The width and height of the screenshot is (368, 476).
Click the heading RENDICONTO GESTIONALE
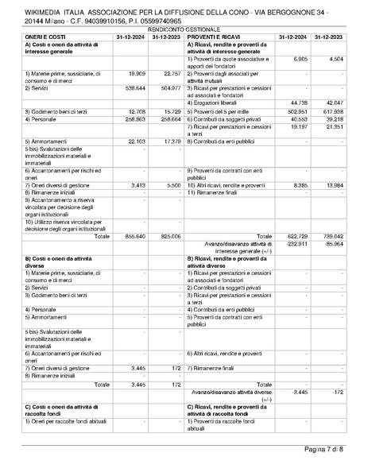click(x=184, y=29)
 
